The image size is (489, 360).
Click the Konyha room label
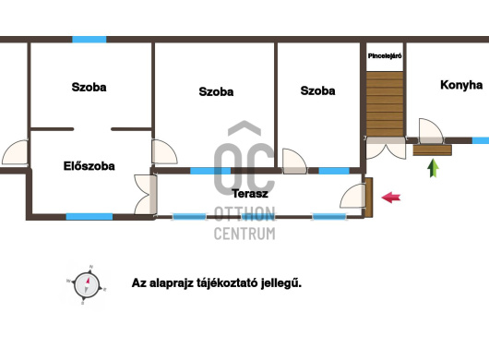[461, 85]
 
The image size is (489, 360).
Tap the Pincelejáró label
[385, 56]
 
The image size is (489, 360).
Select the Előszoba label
[89, 166]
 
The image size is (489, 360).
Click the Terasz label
[250, 194]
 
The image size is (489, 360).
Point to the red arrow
[391, 198]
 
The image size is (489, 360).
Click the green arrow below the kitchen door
[433, 168]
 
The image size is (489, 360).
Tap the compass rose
[87, 285]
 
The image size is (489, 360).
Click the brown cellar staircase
[385, 104]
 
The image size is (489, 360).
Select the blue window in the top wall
[89, 40]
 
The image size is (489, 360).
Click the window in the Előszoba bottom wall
[89, 217]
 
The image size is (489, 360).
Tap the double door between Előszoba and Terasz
[146, 195]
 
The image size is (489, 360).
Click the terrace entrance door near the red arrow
[352, 196]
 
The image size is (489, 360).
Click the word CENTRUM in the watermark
[244, 234]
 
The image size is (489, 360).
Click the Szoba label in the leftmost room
[89, 87]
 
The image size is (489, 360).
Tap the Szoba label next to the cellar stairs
[317, 90]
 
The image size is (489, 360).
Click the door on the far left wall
[15, 152]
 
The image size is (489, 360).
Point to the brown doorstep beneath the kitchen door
[432, 150]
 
